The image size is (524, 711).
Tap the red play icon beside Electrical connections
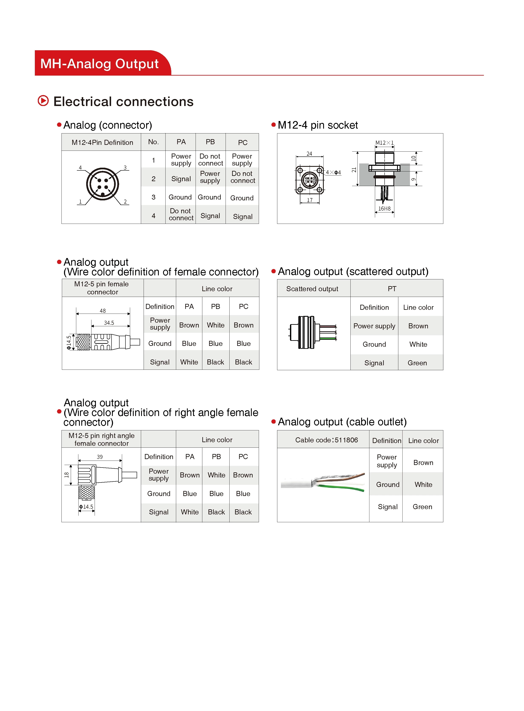(43, 101)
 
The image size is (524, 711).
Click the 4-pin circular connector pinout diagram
(102, 184)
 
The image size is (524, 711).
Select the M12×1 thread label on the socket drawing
(384, 143)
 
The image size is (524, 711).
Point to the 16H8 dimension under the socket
(384, 209)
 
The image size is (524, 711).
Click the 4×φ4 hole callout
(333, 173)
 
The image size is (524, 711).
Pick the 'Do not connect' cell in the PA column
(181, 214)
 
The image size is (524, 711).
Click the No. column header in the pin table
(153, 142)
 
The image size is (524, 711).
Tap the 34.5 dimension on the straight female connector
(109, 323)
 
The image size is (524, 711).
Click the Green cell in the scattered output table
(417, 363)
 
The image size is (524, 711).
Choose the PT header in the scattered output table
(392, 289)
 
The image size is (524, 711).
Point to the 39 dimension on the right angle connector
(100, 457)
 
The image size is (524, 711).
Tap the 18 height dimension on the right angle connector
(67, 475)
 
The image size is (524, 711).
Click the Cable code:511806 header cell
(326, 440)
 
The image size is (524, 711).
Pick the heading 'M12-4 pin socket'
(317, 125)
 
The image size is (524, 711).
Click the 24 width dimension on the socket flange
(309, 154)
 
